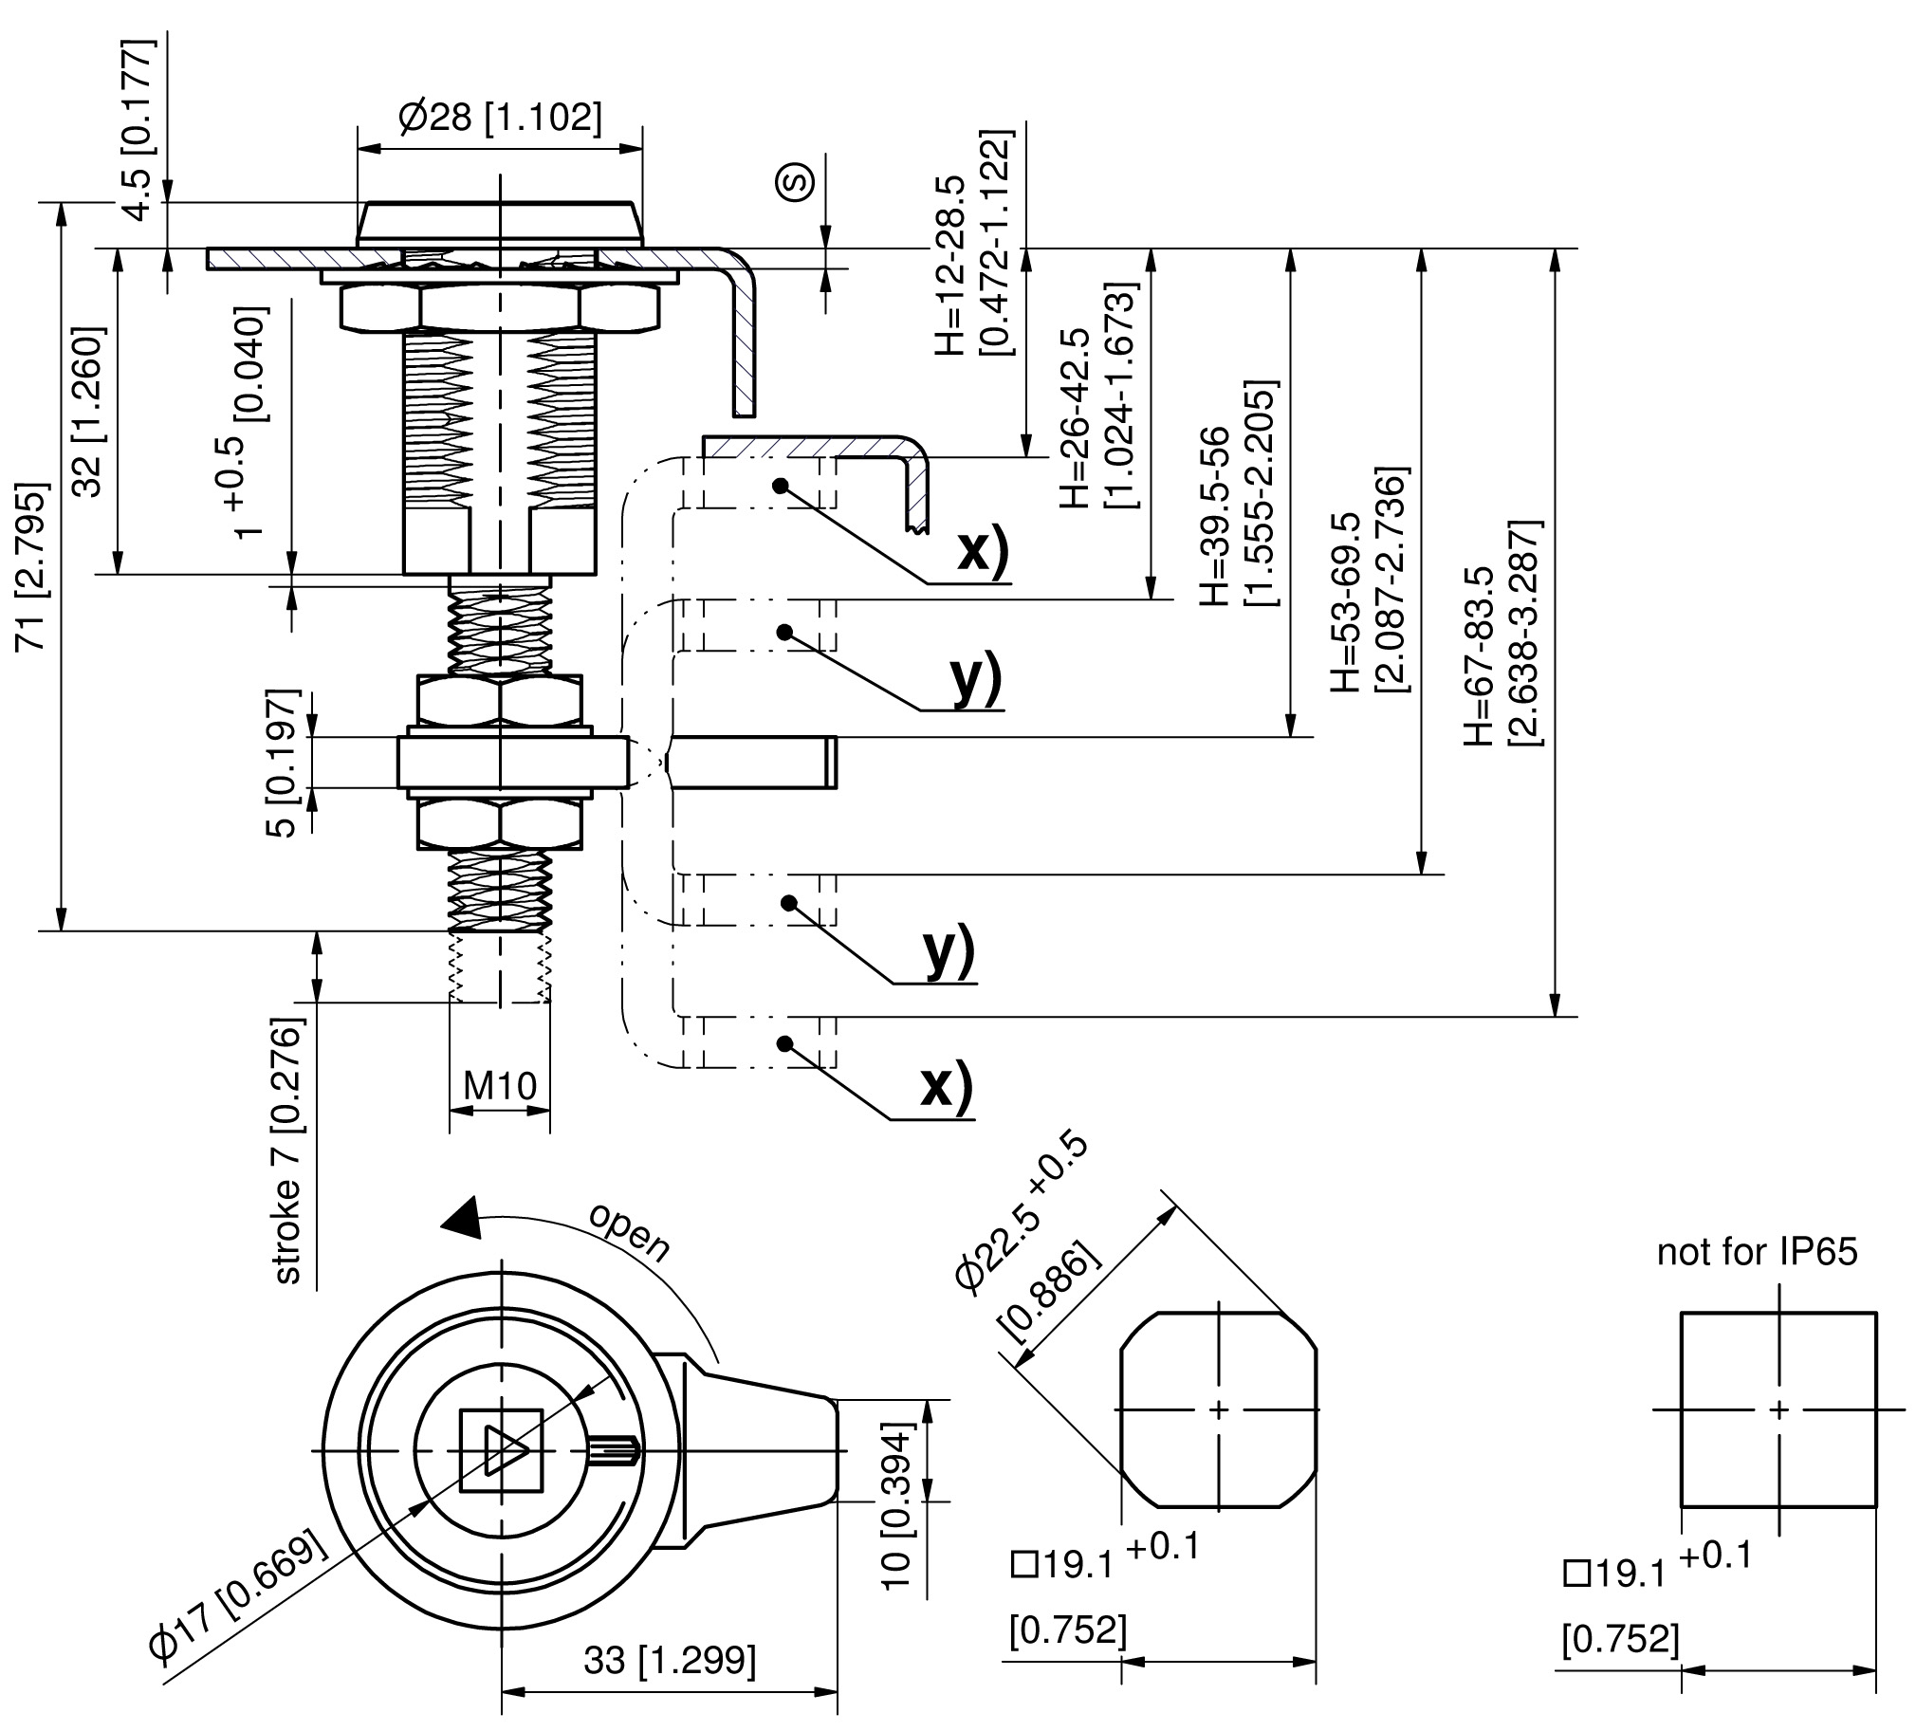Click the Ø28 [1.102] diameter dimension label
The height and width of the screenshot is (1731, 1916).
click(x=500, y=118)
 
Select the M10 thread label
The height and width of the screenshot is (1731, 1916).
click(x=500, y=1085)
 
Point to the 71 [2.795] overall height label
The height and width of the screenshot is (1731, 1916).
click(x=32, y=566)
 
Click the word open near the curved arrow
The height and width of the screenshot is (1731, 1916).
click(x=629, y=1232)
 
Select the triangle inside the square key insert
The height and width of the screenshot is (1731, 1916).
click(x=504, y=1449)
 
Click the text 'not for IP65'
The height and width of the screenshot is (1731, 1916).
click(x=1757, y=1251)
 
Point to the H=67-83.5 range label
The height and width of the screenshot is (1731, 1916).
click(x=1479, y=656)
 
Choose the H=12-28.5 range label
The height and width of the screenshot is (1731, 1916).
click(x=949, y=267)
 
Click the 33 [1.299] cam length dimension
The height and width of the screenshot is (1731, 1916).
click(x=670, y=1660)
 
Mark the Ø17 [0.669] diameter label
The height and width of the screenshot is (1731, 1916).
click(x=239, y=1598)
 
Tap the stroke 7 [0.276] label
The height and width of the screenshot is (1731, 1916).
click(x=287, y=1151)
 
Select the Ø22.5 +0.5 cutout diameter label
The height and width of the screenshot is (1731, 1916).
click(x=1021, y=1214)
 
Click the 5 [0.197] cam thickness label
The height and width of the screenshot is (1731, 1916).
click(x=283, y=764)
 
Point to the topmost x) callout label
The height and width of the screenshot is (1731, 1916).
click(x=984, y=549)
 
